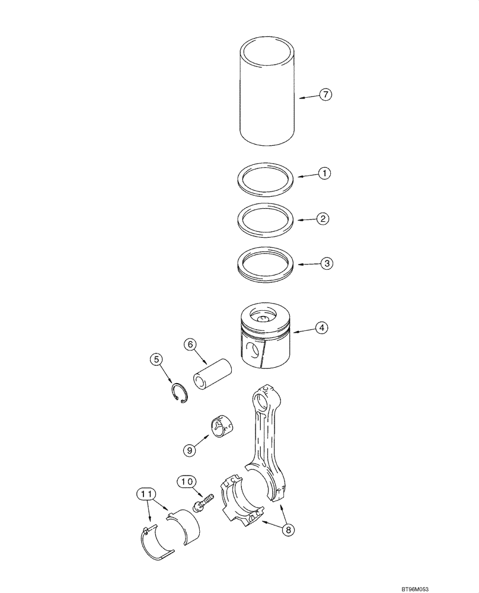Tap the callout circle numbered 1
(324, 174)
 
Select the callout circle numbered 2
(322, 219)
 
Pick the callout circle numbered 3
(327, 263)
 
